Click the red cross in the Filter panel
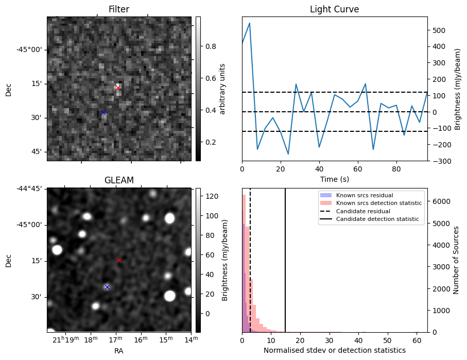(x=118, y=88)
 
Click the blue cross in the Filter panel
(x=103, y=112)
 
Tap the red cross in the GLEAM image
(x=119, y=261)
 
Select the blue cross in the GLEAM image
(x=107, y=287)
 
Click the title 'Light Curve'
(x=334, y=9)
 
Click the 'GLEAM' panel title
(x=118, y=180)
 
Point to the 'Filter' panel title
(x=118, y=9)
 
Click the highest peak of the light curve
(x=250, y=23)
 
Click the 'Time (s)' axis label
(x=334, y=179)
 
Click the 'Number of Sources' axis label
(x=456, y=260)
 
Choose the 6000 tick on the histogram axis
(x=438, y=201)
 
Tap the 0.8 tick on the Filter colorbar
(x=211, y=46)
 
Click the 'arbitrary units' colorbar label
(x=222, y=89)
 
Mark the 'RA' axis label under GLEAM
(x=118, y=351)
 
